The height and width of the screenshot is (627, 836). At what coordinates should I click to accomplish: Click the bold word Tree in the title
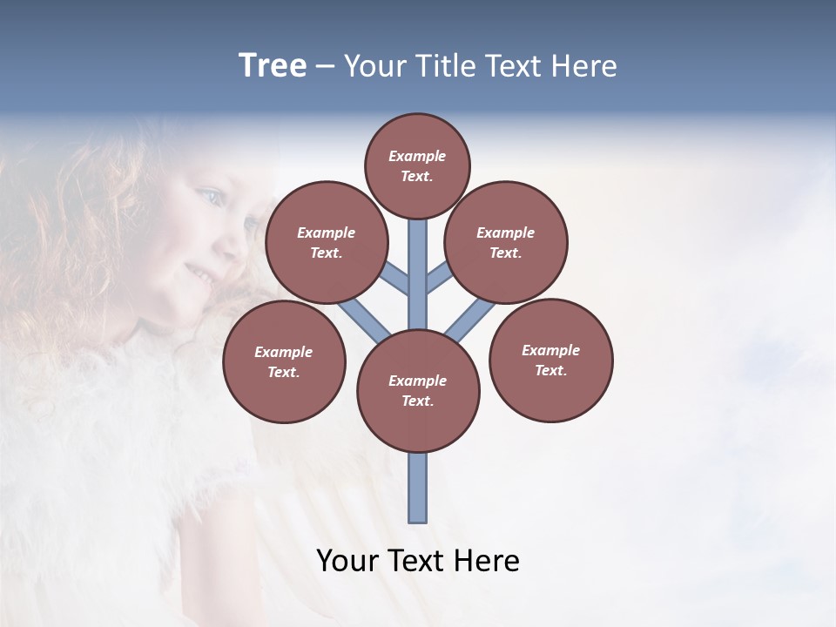273,66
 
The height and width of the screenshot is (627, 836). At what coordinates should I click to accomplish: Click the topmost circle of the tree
417,165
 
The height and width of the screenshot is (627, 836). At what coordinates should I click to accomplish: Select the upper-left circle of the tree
326,242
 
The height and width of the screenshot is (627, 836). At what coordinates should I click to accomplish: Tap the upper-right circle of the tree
506,242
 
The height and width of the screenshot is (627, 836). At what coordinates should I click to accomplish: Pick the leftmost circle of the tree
284,361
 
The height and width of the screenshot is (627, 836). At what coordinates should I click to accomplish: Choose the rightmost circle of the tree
551,360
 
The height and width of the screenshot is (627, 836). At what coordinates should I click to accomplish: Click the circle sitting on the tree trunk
418,390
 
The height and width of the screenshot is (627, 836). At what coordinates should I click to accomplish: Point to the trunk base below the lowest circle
418,488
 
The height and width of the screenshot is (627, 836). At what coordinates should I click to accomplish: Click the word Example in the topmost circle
417,156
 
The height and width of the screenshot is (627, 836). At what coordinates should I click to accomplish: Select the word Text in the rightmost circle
551,370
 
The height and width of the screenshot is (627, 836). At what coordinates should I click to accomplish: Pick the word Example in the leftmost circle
283,352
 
